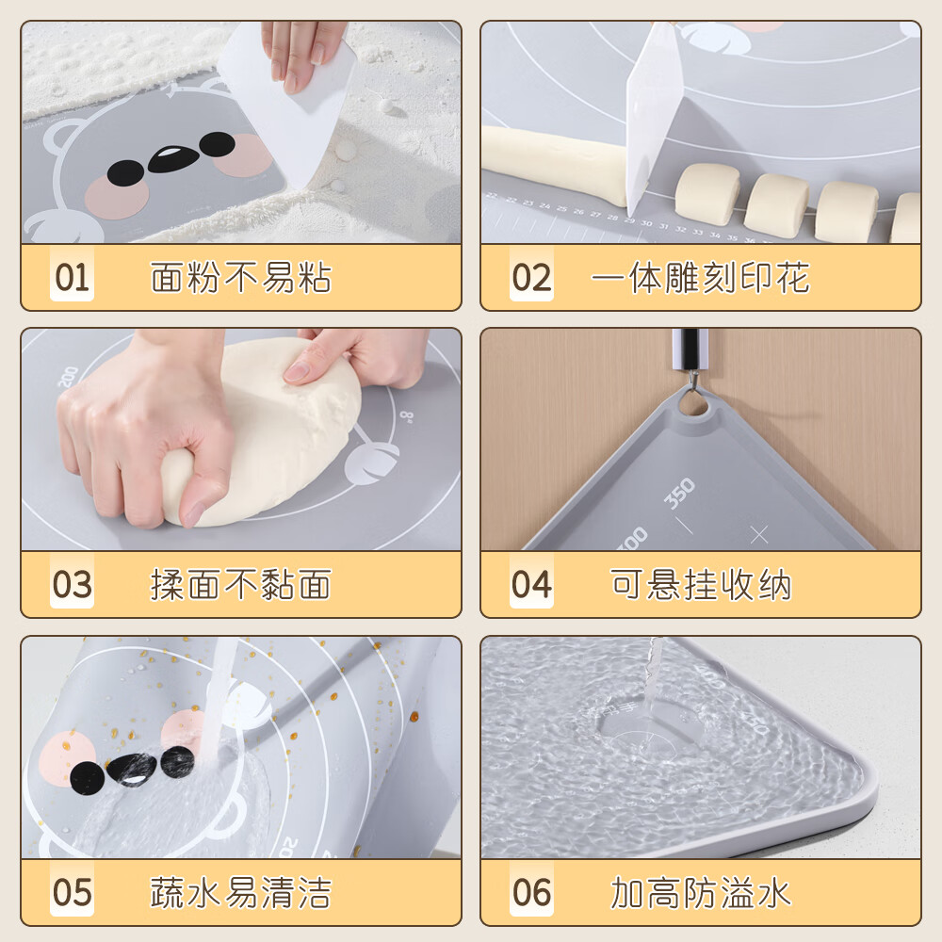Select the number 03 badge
[x=72, y=584]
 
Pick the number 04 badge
[x=531, y=584]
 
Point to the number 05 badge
[x=72, y=891]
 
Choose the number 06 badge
[x=531, y=891]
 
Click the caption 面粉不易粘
[x=241, y=278]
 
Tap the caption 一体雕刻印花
[x=700, y=278]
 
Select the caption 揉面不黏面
[x=241, y=585]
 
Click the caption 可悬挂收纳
[x=701, y=585]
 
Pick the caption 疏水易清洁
[x=241, y=892]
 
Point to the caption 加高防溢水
[x=701, y=892]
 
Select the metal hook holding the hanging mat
[x=691, y=363]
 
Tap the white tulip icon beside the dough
[x=372, y=461]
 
